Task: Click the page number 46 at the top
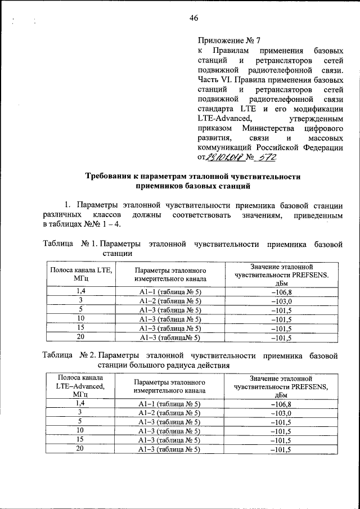[194, 18]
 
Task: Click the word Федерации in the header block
[319, 148]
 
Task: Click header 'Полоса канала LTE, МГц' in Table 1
[81, 274]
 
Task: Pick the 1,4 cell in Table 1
[81, 291]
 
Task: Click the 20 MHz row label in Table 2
[80, 448]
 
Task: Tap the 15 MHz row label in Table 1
[81, 327]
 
